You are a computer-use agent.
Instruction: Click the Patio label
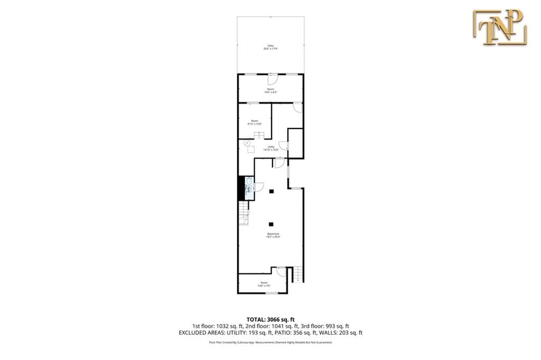pyautogui.click(x=270, y=47)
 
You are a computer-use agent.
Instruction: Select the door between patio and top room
pyautogui.click(x=272, y=80)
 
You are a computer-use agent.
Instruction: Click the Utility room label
pyautogui.click(x=270, y=148)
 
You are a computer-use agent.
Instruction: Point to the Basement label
pyautogui.click(x=273, y=235)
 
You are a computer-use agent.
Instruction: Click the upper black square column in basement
pyautogui.click(x=271, y=191)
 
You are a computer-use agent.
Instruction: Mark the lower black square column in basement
pyautogui.click(x=271, y=224)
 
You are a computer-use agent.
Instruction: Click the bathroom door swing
pyautogui.click(x=259, y=187)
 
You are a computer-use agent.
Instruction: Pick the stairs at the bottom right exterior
pyautogui.click(x=299, y=274)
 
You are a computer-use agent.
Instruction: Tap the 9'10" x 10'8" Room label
pyautogui.click(x=254, y=122)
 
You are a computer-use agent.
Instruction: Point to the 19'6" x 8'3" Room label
pyautogui.click(x=270, y=90)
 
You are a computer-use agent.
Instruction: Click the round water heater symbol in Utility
pyautogui.click(x=247, y=142)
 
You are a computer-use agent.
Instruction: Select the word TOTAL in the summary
pyautogui.click(x=257, y=319)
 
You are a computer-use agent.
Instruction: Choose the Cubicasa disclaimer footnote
pyautogui.click(x=270, y=343)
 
